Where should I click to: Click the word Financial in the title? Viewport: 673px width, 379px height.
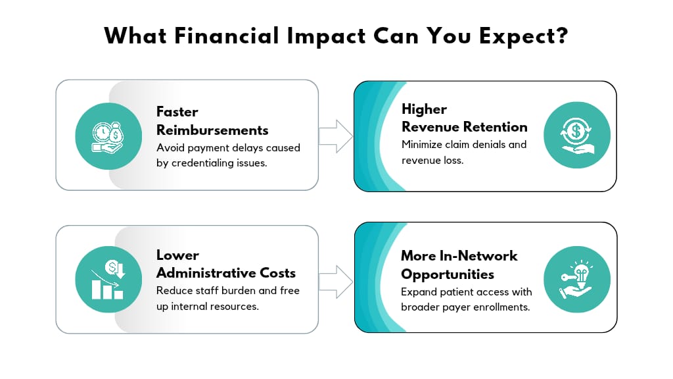(227, 36)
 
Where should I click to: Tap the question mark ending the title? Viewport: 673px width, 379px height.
(561, 36)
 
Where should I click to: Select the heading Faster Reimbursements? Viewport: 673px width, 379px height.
(212, 121)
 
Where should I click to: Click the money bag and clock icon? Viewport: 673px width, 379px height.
(108, 137)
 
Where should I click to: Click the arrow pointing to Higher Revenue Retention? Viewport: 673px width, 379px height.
(336, 136)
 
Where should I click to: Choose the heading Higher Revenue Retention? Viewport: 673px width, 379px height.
(465, 118)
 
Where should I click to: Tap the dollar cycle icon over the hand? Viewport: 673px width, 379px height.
(577, 136)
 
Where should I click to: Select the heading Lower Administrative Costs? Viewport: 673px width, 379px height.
(226, 264)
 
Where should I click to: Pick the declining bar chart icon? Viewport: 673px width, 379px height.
(108, 279)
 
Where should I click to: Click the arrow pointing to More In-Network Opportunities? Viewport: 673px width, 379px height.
(336, 282)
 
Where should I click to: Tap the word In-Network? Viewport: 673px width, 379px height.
(478, 256)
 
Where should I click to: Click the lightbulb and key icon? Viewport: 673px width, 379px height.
(577, 279)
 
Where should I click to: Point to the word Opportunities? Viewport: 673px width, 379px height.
(447, 275)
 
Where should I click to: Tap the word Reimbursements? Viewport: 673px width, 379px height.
(212, 130)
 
